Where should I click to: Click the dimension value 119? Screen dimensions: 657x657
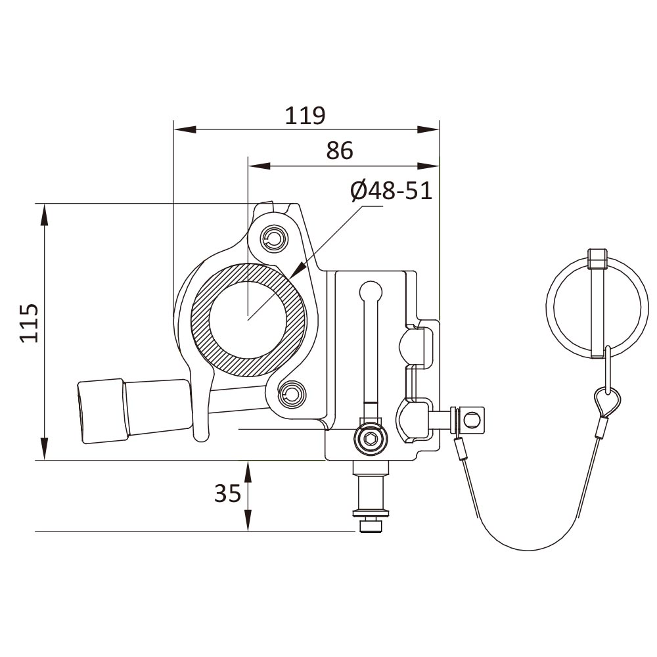click(x=305, y=116)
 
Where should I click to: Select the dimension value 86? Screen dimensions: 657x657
click(x=340, y=150)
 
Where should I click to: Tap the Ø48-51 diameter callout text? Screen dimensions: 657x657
click(x=391, y=191)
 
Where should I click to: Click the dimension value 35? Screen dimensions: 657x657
click(x=228, y=493)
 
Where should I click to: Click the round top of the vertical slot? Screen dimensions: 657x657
click(x=371, y=289)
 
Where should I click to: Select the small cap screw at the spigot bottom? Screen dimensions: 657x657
click(x=370, y=526)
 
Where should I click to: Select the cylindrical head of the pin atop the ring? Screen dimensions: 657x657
click(x=598, y=258)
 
